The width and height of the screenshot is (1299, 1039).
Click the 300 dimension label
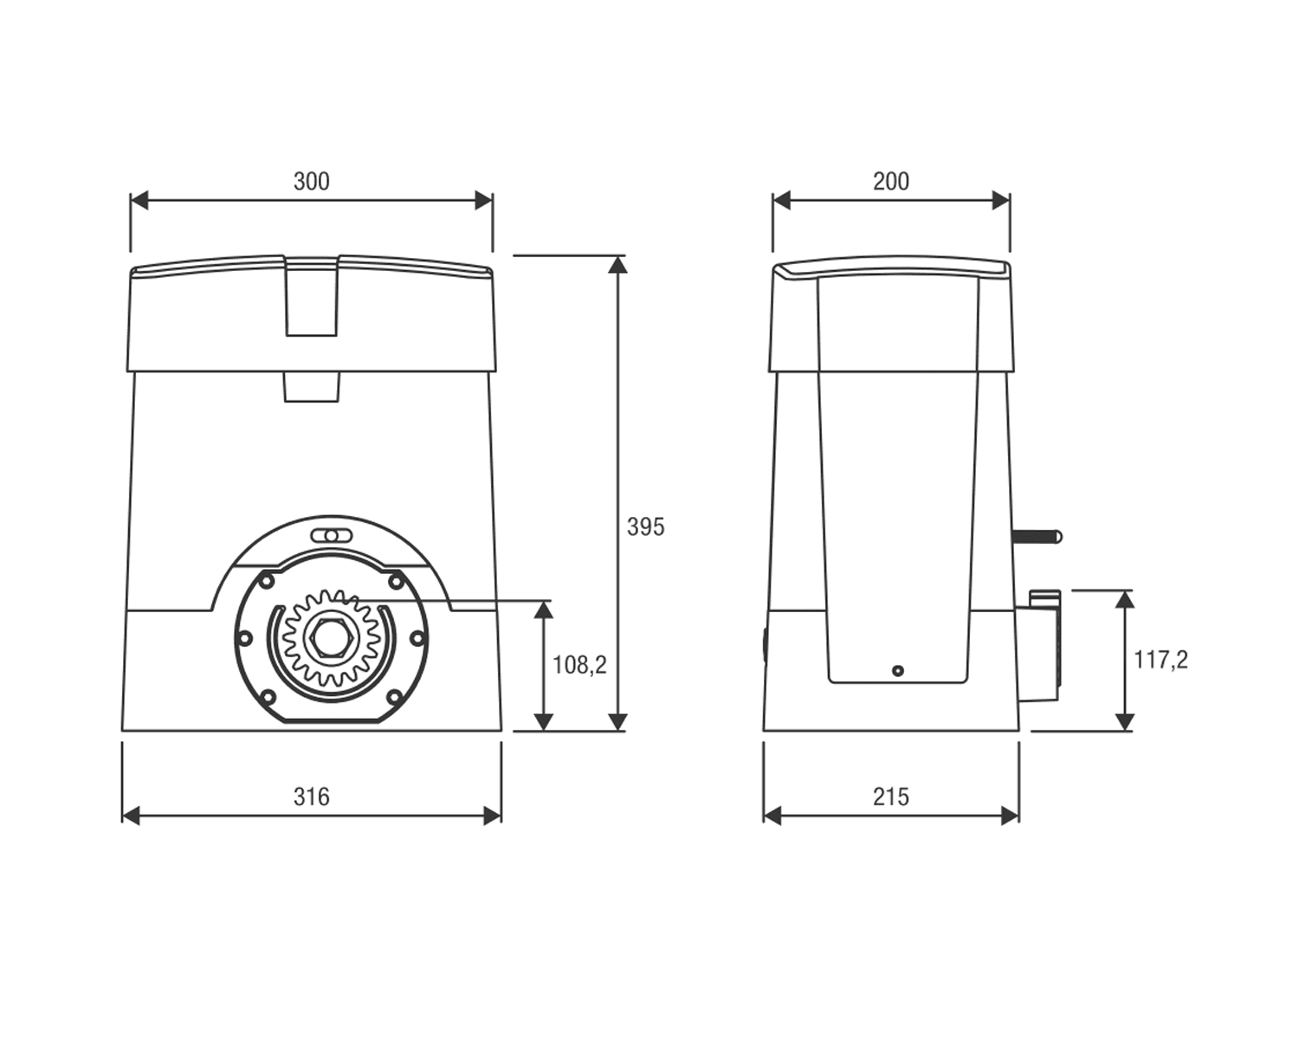click(x=312, y=181)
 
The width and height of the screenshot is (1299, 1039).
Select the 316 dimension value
click(x=312, y=797)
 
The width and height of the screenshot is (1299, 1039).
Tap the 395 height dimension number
click(x=645, y=527)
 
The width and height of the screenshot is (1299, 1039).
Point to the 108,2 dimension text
click(x=579, y=665)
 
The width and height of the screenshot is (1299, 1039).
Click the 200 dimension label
click(x=891, y=181)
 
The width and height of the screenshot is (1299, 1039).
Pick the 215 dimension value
click(x=891, y=797)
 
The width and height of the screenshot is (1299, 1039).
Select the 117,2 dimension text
click(x=1160, y=659)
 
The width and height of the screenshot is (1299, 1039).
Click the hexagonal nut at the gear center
click(x=330, y=638)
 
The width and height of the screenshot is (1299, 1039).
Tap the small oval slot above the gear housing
click(x=331, y=535)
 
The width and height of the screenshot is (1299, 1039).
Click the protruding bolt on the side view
click(x=1037, y=537)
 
